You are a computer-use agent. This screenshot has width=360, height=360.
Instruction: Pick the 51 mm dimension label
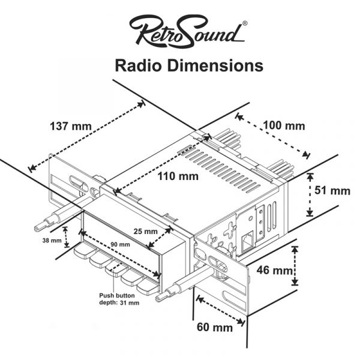click(x=332, y=191)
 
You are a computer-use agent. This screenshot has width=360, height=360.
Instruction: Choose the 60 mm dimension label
click(x=214, y=328)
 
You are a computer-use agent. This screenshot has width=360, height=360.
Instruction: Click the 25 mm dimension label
click(x=145, y=231)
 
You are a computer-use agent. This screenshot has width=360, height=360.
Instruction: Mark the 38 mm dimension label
click(x=52, y=241)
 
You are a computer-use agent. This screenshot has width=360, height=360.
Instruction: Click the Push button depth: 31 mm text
click(x=119, y=299)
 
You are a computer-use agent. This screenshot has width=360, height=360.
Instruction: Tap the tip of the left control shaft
click(x=40, y=227)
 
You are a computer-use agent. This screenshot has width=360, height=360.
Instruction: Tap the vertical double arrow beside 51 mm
click(x=310, y=194)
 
